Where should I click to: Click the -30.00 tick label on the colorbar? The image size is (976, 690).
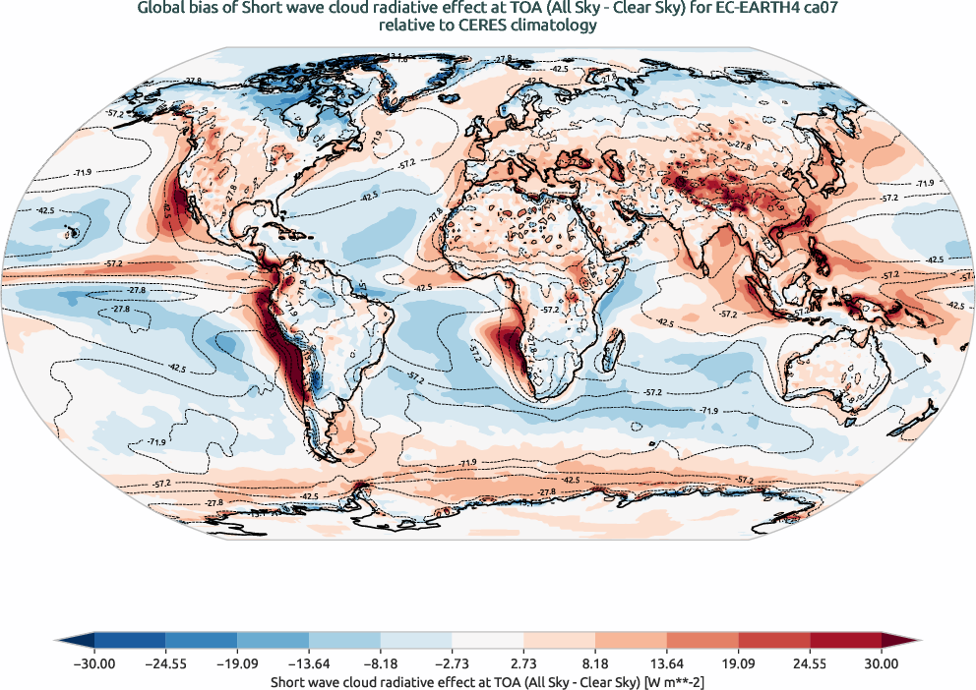[94, 663]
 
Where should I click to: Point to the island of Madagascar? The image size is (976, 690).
[614, 344]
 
